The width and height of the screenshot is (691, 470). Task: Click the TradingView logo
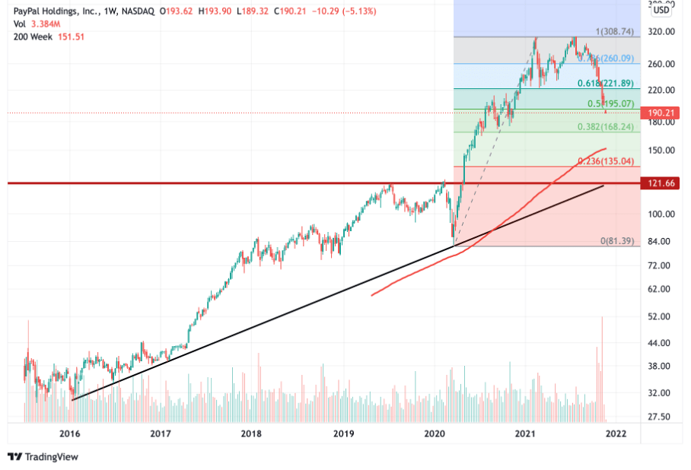click(43, 456)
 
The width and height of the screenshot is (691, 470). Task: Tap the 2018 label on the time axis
click(251, 433)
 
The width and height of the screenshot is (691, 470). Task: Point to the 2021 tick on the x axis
click(524, 433)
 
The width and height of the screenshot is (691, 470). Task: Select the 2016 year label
click(69, 433)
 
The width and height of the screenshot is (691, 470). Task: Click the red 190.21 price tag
click(660, 113)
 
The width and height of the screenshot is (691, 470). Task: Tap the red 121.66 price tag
click(660, 183)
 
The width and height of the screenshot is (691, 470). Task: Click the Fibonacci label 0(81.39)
click(617, 240)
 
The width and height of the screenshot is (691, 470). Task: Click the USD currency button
click(661, 10)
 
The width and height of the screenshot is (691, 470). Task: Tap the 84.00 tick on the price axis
click(659, 241)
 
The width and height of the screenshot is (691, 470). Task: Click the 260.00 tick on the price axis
click(659, 64)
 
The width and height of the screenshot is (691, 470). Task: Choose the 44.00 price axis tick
click(659, 343)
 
